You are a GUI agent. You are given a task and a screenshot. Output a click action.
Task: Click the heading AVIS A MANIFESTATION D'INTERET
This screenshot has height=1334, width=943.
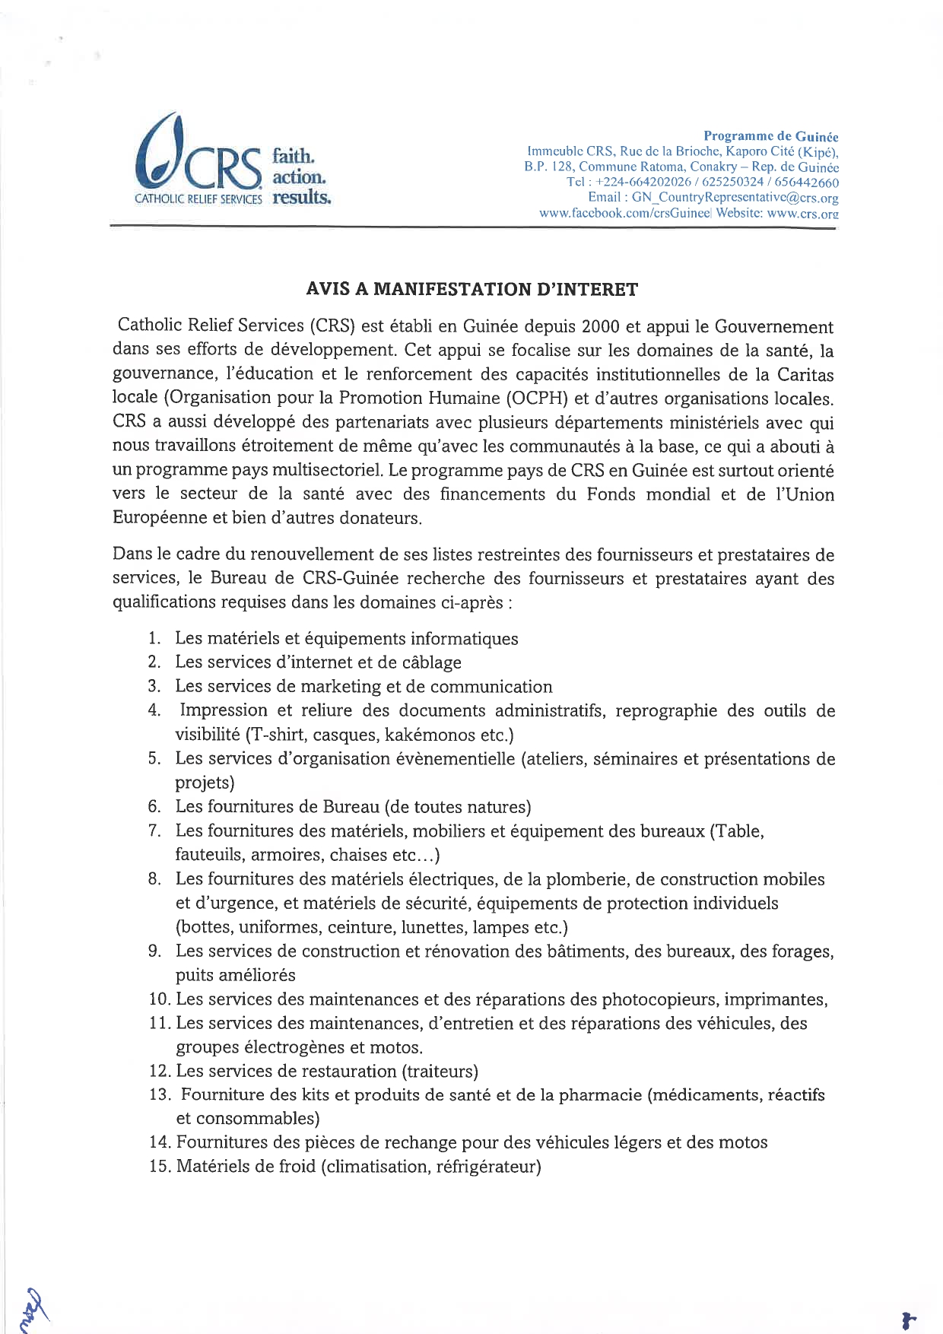(x=471, y=289)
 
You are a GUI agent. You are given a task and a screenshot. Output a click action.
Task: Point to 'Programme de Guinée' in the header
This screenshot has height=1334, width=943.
(x=770, y=136)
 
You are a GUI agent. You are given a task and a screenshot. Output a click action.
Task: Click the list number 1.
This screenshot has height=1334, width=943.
(x=154, y=639)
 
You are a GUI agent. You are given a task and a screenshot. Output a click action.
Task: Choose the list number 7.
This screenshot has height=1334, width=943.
(x=154, y=831)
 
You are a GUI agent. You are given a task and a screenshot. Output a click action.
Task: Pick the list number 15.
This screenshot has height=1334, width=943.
(x=159, y=1167)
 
